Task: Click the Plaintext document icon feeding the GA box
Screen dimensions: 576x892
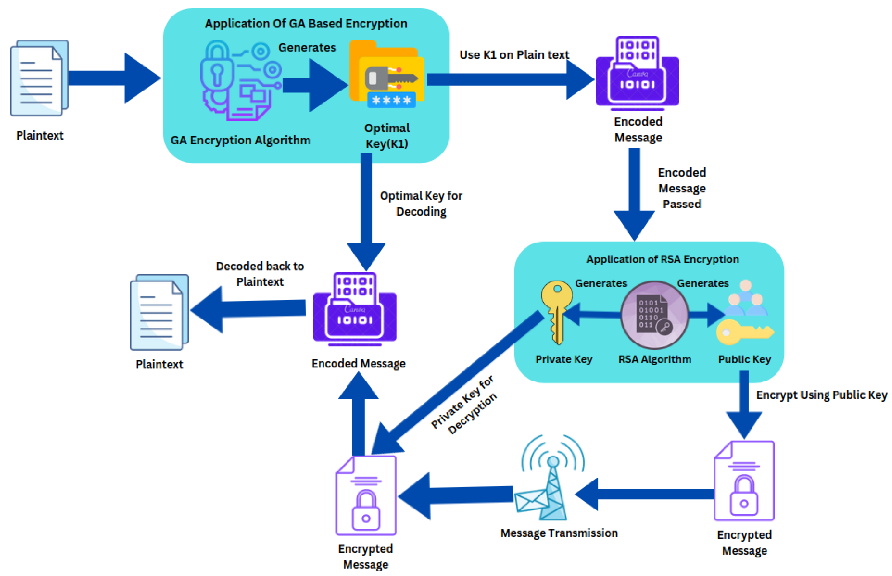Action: [x=39, y=78]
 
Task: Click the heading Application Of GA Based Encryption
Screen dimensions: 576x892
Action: [x=306, y=23]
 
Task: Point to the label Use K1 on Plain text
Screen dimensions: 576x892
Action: [x=513, y=55]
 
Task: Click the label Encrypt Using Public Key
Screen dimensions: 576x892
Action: [x=821, y=395]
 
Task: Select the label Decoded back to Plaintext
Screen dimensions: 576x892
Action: [x=260, y=274]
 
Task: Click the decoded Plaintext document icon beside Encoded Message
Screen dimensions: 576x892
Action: [x=159, y=312]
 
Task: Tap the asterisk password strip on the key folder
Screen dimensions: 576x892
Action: [x=391, y=100]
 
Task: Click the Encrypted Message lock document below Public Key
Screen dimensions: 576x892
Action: [x=744, y=481]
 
